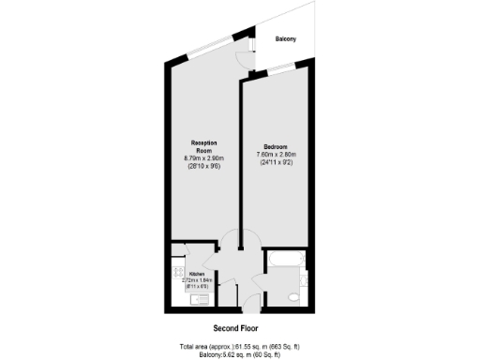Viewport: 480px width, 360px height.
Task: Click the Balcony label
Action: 285,38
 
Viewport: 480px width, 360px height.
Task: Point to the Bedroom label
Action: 275,146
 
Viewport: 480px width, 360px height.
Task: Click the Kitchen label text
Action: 196,275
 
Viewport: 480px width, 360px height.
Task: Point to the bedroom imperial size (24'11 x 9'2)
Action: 276,163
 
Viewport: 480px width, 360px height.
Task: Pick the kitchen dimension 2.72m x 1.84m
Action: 196,280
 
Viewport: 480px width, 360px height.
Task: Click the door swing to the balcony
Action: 245,56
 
